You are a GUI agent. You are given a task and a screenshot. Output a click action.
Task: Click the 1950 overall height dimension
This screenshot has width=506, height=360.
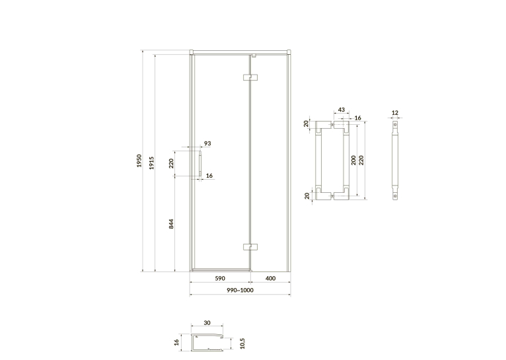pos(139,161)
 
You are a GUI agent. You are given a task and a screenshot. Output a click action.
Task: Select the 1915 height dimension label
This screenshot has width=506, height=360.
pos(152,163)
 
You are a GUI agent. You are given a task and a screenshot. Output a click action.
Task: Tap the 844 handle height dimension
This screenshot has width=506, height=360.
pos(171,224)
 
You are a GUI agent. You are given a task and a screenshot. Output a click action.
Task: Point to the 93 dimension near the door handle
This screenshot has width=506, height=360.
pos(207,143)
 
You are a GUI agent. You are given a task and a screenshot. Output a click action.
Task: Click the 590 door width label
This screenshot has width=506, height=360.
pos(220,278)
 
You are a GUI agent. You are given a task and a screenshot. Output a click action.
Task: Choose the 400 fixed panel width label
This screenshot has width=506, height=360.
pos(270,278)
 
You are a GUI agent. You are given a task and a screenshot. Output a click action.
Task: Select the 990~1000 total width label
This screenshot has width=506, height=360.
pos(240,290)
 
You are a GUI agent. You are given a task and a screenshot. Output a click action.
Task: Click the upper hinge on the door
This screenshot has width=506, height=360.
pos(250,77)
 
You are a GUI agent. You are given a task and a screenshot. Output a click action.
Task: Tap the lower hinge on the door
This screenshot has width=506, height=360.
pos(250,247)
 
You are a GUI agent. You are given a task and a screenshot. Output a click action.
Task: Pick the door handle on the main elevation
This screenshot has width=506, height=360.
pos(200,164)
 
